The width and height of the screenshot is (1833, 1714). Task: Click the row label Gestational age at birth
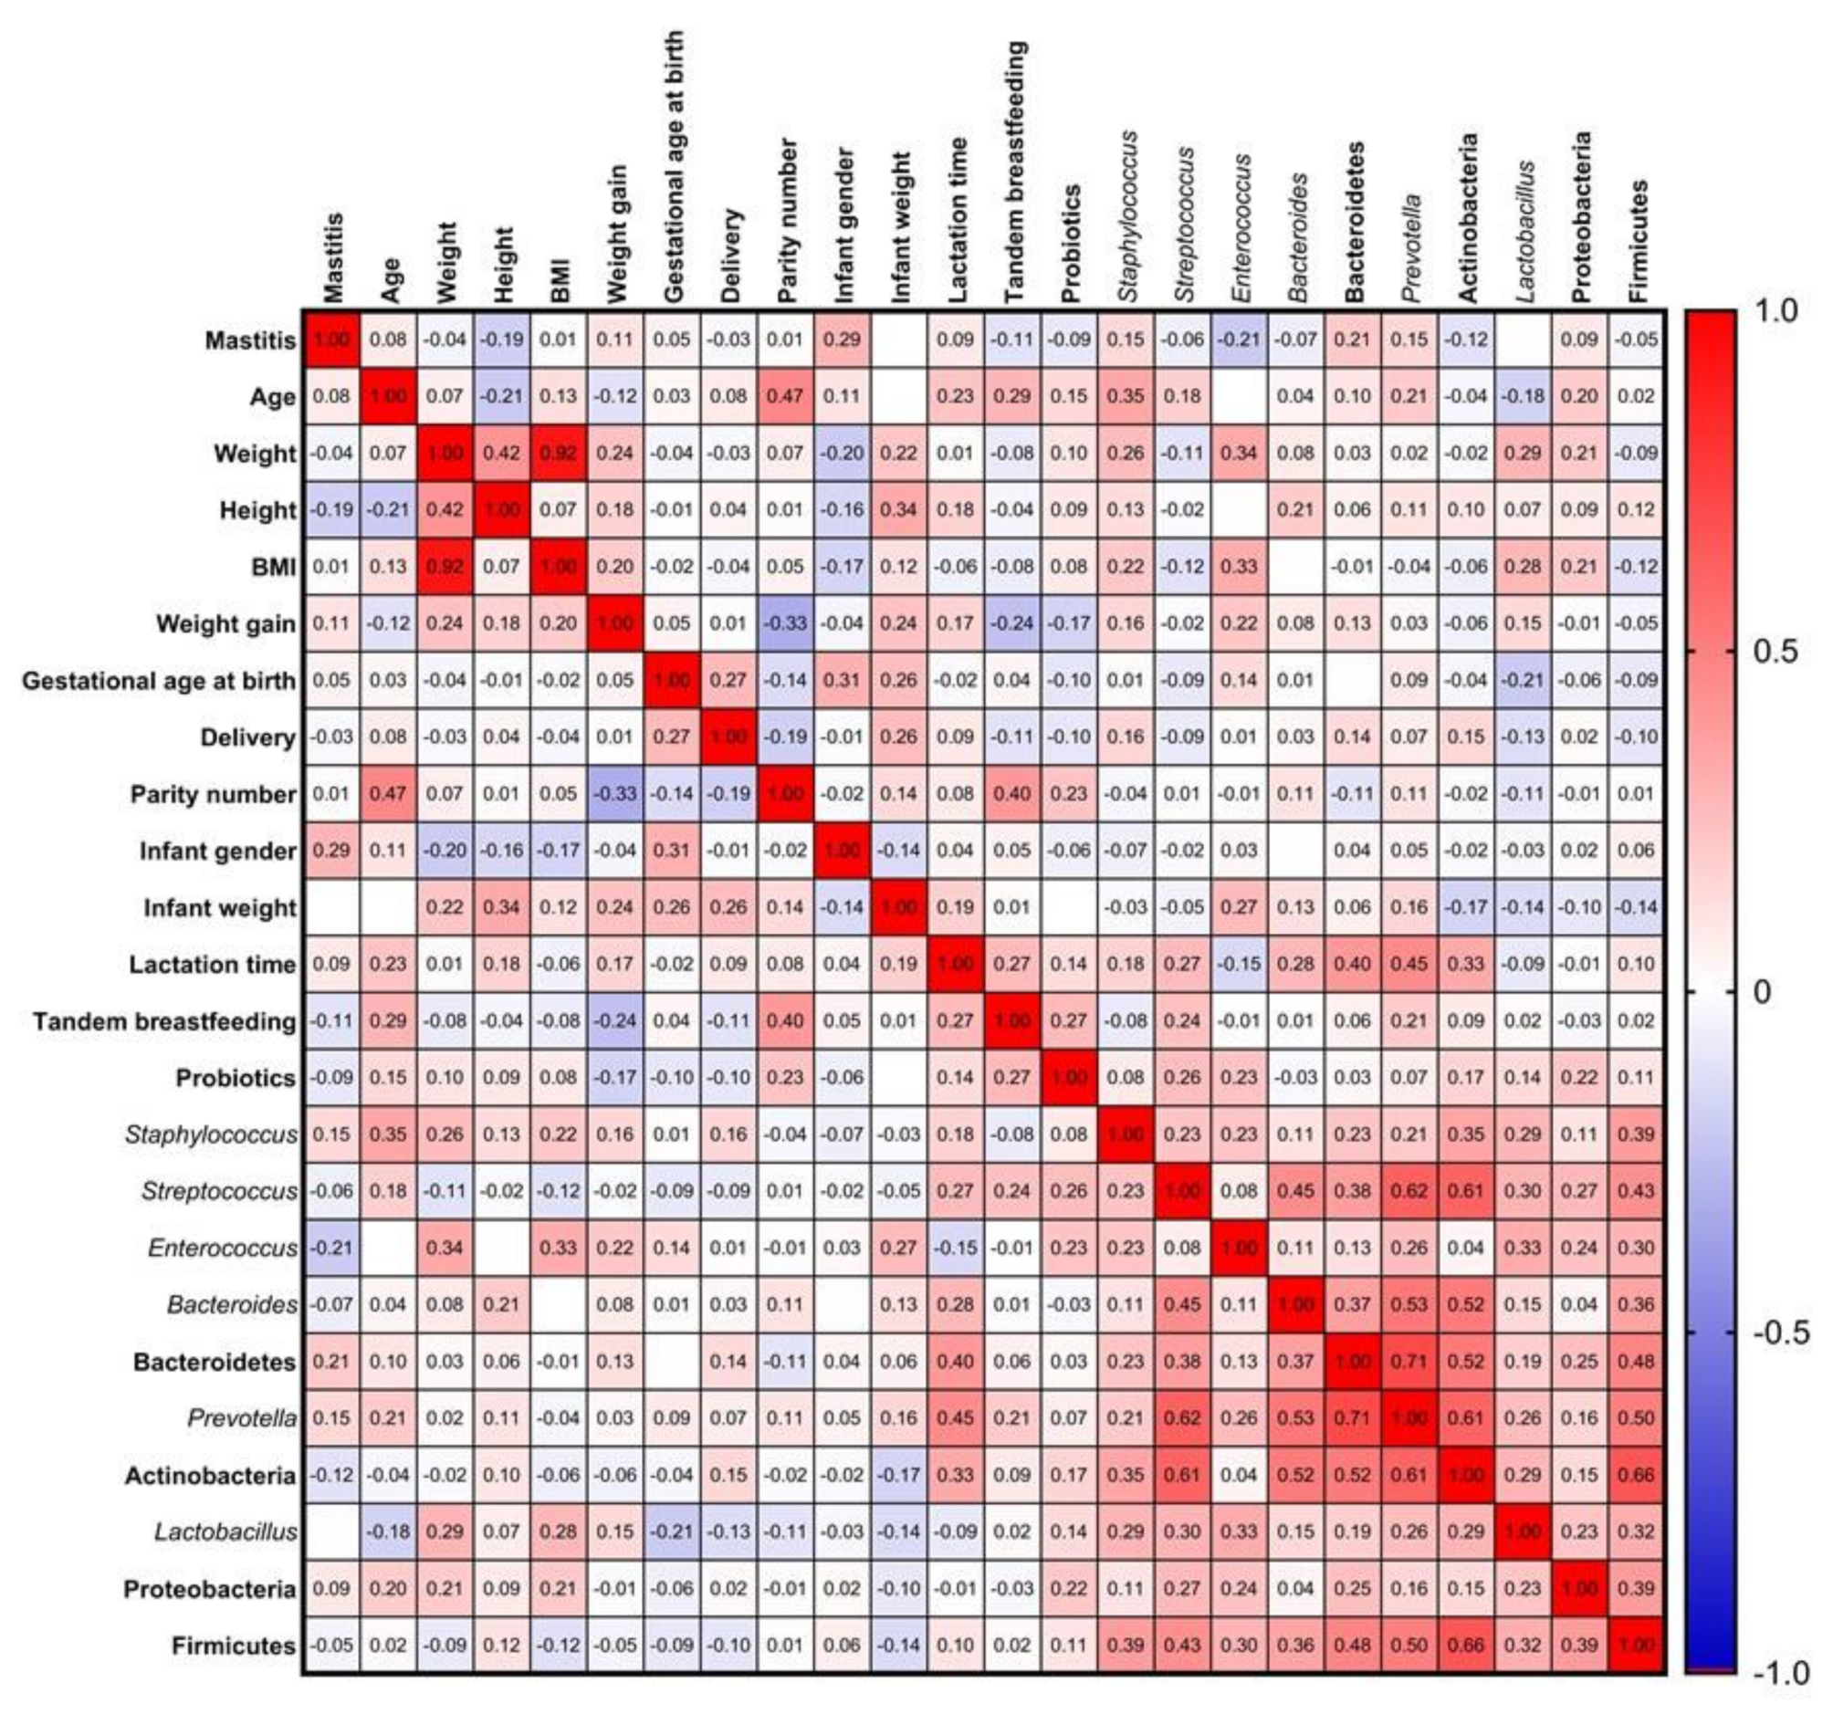click(159, 682)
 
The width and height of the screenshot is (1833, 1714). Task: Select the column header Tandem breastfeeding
click(1014, 172)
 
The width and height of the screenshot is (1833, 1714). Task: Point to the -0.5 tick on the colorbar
click(1778, 1333)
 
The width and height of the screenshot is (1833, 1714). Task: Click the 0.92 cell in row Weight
click(558, 454)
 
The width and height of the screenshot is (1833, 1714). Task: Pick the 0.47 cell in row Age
click(785, 396)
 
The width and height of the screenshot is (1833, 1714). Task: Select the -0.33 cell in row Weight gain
click(785, 624)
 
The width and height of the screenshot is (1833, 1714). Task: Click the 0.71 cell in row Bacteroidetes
click(1409, 1362)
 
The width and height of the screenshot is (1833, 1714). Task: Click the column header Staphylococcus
click(1126, 215)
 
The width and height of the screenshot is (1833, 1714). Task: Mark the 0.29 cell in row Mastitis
click(841, 340)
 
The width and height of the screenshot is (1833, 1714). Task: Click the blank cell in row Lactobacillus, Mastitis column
click(331, 1532)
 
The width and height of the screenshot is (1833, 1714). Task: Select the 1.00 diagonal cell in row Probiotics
click(1069, 1078)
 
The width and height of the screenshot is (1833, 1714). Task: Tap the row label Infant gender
click(217, 851)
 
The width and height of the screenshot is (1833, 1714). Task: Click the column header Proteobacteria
click(1580, 217)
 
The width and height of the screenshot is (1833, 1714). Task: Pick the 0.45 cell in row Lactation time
click(1409, 965)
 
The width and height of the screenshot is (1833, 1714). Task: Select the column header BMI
click(559, 278)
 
